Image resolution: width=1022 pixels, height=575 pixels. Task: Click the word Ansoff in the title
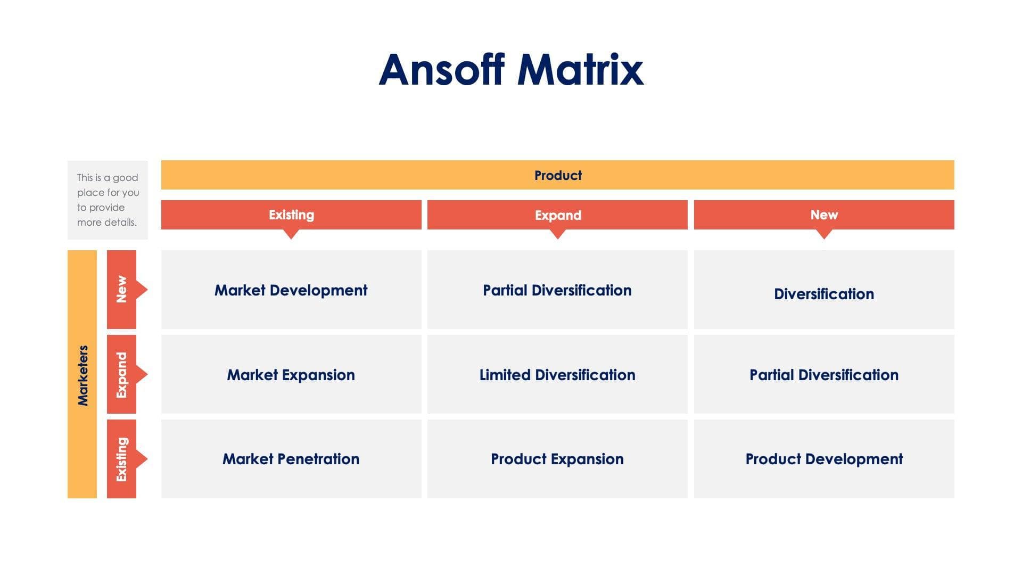tap(442, 70)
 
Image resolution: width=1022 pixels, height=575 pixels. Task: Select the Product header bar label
tap(557, 175)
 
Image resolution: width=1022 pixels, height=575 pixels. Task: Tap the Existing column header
tap(291, 215)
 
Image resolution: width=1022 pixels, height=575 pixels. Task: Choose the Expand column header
tap(557, 215)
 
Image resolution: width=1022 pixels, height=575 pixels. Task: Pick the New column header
tap(823, 215)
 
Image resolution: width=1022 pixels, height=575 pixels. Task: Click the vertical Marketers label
tap(83, 375)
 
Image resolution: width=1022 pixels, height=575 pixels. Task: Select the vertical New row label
tap(121, 289)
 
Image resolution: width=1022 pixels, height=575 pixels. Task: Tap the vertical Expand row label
tap(121, 374)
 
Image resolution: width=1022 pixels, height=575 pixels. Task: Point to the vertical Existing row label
tap(121, 459)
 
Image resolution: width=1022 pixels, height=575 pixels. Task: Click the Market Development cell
tap(291, 290)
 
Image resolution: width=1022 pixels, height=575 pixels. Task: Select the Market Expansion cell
tap(291, 375)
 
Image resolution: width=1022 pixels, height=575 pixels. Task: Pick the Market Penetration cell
tap(291, 459)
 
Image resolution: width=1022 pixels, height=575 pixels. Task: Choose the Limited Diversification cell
tap(557, 375)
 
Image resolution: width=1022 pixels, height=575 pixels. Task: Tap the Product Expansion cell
tap(557, 459)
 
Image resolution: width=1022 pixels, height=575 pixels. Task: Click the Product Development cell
tap(823, 459)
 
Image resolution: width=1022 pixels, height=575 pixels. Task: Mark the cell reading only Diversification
tap(823, 294)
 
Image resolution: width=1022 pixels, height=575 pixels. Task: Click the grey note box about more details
tap(108, 200)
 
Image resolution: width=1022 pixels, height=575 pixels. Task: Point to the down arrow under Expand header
tap(557, 234)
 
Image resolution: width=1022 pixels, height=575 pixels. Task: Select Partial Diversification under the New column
tap(823, 375)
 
